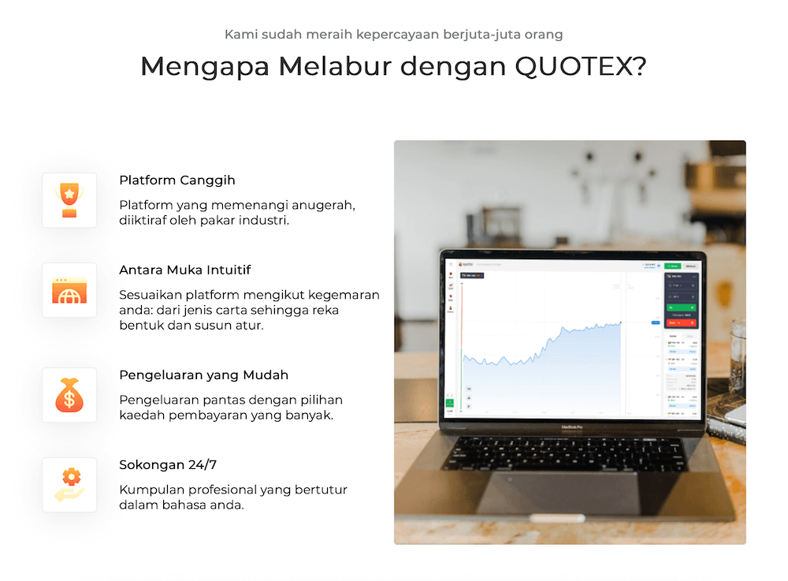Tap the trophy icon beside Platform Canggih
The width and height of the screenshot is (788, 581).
click(69, 200)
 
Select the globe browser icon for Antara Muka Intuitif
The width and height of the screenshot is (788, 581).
click(69, 290)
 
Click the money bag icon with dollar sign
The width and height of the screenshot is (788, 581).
click(69, 395)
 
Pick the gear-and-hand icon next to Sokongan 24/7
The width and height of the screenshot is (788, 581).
click(69, 485)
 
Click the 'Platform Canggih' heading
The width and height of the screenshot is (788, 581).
click(177, 181)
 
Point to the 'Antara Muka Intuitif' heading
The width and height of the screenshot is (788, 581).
click(185, 270)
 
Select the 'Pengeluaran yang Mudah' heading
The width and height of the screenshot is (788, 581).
click(203, 375)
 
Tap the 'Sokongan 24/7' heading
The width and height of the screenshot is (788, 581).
click(168, 465)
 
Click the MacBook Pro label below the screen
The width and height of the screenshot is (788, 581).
click(571, 427)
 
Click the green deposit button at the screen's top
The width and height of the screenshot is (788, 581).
click(671, 266)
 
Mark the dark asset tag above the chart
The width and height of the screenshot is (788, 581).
click(472, 275)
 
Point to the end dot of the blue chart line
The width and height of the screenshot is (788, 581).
click(621, 322)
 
